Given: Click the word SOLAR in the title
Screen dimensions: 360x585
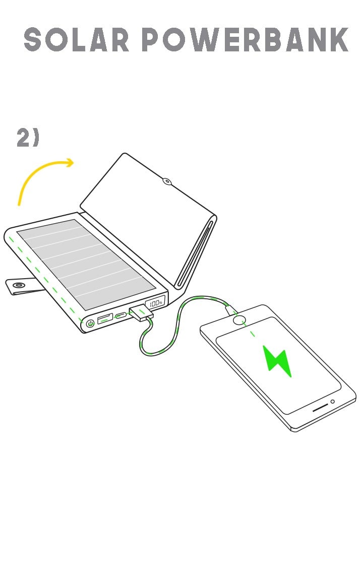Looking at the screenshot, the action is (x=76, y=39).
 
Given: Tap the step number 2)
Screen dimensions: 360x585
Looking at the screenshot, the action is (x=28, y=137).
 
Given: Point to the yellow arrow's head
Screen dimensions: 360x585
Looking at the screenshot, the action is (x=70, y=163).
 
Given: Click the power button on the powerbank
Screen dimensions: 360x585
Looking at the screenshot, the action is (x=90, y=323).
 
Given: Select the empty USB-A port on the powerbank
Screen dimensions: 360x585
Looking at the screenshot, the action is (x=105, y=318).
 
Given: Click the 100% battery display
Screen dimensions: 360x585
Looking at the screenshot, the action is (x=155, y=303).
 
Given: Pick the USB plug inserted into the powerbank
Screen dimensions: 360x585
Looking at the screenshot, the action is (x=141, y=312).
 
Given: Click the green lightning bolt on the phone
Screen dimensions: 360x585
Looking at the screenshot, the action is (x=277, y=361).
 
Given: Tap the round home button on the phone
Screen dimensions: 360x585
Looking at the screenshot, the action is (x=239, y=320).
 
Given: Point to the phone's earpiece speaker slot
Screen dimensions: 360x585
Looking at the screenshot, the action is (x=320, y=407).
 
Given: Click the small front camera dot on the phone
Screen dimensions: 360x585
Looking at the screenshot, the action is (x=332, y=402).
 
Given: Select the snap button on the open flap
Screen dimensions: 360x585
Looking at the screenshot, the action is (x=167, y=182).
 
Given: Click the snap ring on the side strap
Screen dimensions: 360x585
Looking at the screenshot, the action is (x=18, y=285).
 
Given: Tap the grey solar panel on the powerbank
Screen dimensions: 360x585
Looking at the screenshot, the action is (x=86, y=264).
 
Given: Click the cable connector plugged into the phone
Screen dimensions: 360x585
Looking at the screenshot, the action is (x=231, y=310).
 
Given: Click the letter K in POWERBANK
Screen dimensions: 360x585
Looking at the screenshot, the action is (x=338, y=39).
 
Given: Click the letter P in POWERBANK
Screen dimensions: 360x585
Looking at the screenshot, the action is (x=151, y=39).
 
